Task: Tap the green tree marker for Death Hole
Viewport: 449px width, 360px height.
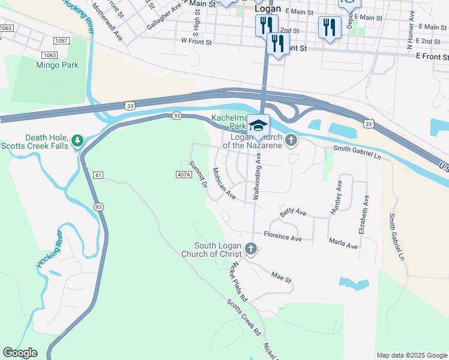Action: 76,140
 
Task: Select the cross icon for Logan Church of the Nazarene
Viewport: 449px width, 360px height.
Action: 291,140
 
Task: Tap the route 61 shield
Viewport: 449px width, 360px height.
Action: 98,175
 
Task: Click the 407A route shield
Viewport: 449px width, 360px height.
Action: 184,175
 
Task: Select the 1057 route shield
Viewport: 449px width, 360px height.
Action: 61,41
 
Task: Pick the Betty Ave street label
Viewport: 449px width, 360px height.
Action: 294,212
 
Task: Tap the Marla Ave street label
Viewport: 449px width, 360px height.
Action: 343,246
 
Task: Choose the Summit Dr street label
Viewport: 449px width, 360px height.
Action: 198,174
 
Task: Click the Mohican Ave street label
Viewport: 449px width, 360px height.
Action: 223,184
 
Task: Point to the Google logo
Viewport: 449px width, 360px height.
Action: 20,353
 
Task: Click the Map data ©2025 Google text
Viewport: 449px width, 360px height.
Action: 411,355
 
